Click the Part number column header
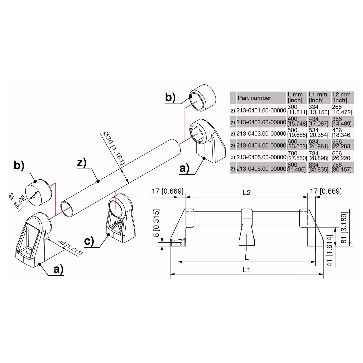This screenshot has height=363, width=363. (254, 98)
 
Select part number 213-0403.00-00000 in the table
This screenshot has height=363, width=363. (261, 134)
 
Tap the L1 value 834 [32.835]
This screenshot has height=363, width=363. (318, 167)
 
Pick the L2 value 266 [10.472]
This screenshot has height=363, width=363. (342, 110)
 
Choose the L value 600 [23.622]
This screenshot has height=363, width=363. (297, 144)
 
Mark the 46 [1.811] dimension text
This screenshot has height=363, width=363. (70, 248)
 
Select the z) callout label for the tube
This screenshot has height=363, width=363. (82, 163)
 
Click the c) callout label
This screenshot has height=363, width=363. (89, 241)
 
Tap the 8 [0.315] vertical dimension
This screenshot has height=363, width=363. (156, 223)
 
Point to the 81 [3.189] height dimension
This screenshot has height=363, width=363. (344, 228)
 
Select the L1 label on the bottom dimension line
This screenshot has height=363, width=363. (246, 270)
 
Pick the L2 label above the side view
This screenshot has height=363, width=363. (247, 193)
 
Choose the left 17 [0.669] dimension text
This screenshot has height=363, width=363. (168, 191)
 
